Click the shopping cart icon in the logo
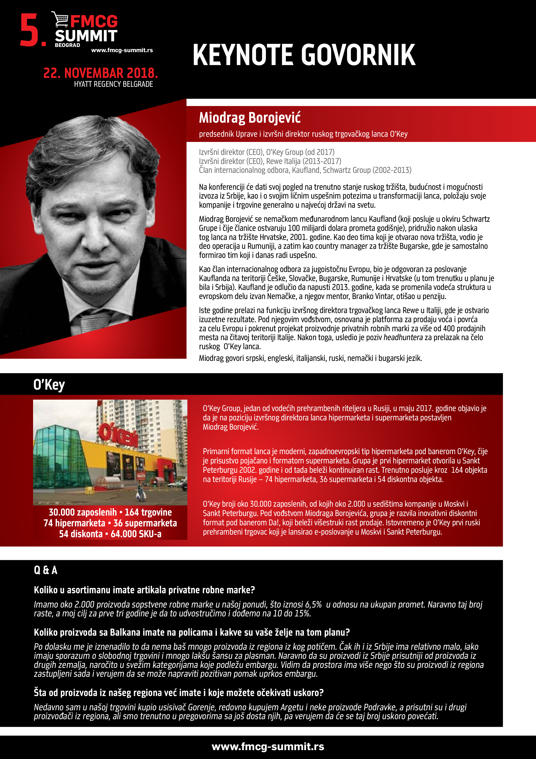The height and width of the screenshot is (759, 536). (x=60, y=19)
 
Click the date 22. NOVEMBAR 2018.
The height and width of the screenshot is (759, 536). (x=100, y=73)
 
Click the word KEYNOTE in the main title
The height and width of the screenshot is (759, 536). (x=243, y=55)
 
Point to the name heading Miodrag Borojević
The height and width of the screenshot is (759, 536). (x=250, y=118)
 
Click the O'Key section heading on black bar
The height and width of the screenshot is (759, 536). (x=49, y=385)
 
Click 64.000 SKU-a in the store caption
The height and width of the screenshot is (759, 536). (x=136, y=534)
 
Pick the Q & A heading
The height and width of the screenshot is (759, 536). (x=46, y=570)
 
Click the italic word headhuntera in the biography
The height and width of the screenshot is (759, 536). (x=403, y=338)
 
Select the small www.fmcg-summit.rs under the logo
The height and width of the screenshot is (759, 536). (x=122, y=50)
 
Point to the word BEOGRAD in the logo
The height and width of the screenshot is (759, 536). (x=67, y=45)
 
